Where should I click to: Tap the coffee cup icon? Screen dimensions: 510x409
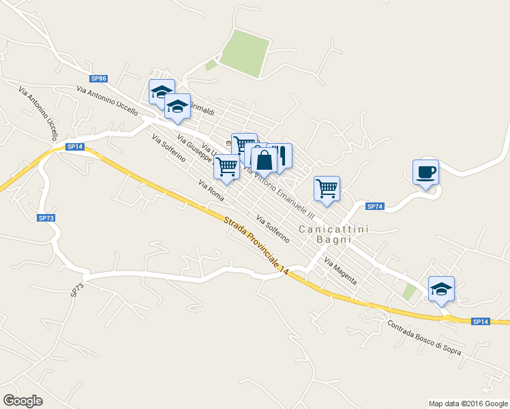click(x=425, y=172)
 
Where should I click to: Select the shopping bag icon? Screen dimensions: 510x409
click(x=264, y=161)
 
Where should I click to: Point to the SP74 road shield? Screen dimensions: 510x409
click(x=375, y=207)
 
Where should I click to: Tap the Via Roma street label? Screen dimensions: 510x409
click(x=211, y=190)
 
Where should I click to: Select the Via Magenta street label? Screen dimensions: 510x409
click(x=340, y=271)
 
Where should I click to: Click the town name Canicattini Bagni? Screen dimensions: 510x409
click(x=334, y=234)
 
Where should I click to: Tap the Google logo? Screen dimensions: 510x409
click(x=22, y=401)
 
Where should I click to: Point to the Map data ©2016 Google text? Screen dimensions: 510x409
click(x=468, y=404)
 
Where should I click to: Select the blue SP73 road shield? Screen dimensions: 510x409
click(x=46, y=218)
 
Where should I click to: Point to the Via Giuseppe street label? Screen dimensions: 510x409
click(x=194, y=149)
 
